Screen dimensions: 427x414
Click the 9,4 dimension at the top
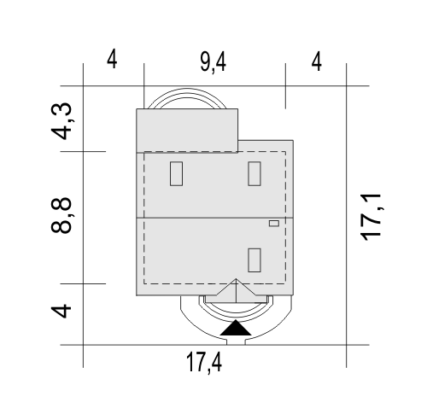pyautogui.click(x=213, y=63)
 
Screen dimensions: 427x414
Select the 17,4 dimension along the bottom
pyautogui.click(x=204, y=363)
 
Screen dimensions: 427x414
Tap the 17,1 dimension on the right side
pyautogui.click(x=372, y=217)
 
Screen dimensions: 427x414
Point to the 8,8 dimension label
pyautogui.click(x=62, y=215)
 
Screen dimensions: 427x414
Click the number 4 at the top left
pyautogui.click(x=112, y=59)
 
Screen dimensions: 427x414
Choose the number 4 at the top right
pyautogui.click(x=317, y=61)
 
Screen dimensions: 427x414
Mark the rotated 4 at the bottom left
pyautogui.click(x=61, y=311)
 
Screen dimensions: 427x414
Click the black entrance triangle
pyautogui.click(x=236, y=328)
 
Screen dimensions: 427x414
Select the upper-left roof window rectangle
pyautogui.click(x=176, y=173)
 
